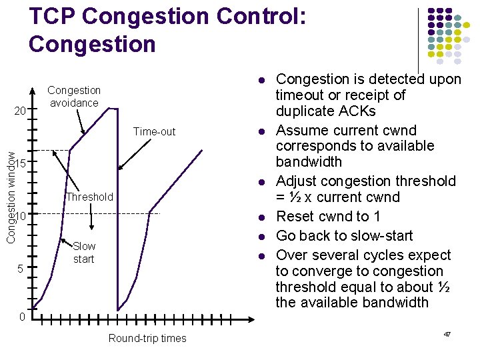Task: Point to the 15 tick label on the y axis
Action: [21, 164]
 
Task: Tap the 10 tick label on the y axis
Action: [21, 216]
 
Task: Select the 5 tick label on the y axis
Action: [21, 269]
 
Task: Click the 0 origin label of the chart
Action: [21, 317]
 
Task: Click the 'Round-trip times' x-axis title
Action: [147, 339]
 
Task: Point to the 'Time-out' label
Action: [154, 132]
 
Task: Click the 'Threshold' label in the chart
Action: [89, 197]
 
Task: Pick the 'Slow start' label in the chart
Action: [84, 253]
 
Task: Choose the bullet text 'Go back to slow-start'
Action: [344, 235]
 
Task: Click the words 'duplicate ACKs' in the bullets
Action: [325, 111]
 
